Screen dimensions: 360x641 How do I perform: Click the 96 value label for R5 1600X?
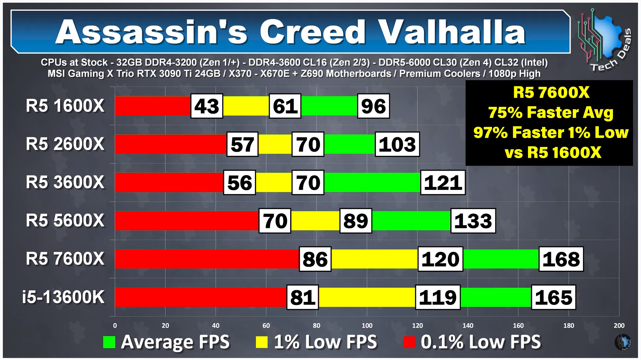click(373, 106)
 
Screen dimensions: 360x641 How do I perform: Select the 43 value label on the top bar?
click(207, 106)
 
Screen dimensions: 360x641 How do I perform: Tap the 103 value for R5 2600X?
click(397, 144)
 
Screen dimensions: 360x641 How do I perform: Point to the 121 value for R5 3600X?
click(443, 183)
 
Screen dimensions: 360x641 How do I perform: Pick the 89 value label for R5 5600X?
click(356, 221)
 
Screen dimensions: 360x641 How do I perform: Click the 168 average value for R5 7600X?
click(561, 259)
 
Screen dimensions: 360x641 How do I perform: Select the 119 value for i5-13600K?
click(438, 297)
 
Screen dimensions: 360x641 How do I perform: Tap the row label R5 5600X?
click(65, 221)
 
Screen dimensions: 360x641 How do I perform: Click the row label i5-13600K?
click(63, 297)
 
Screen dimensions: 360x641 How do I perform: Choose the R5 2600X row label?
click(65, 144)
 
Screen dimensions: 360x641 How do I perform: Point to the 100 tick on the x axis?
click(367, 326)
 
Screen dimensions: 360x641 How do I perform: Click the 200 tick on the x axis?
click(619, 326)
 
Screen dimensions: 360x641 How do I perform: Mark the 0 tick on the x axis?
click(115, 326)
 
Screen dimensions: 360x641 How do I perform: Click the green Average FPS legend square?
click(109, 342)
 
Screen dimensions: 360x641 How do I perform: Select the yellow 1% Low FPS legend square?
click(262, 342)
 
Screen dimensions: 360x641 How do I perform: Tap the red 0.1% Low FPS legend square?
click(409, 342)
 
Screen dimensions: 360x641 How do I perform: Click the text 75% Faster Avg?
click(551, 113)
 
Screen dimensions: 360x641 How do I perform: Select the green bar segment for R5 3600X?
click(372, 183)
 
